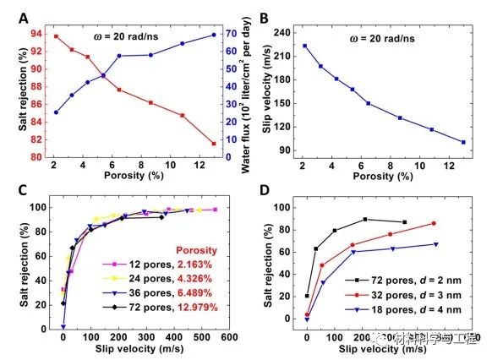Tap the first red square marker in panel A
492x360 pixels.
[56, 36]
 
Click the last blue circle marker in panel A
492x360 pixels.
[214, 35]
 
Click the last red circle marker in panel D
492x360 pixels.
[434, 223]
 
